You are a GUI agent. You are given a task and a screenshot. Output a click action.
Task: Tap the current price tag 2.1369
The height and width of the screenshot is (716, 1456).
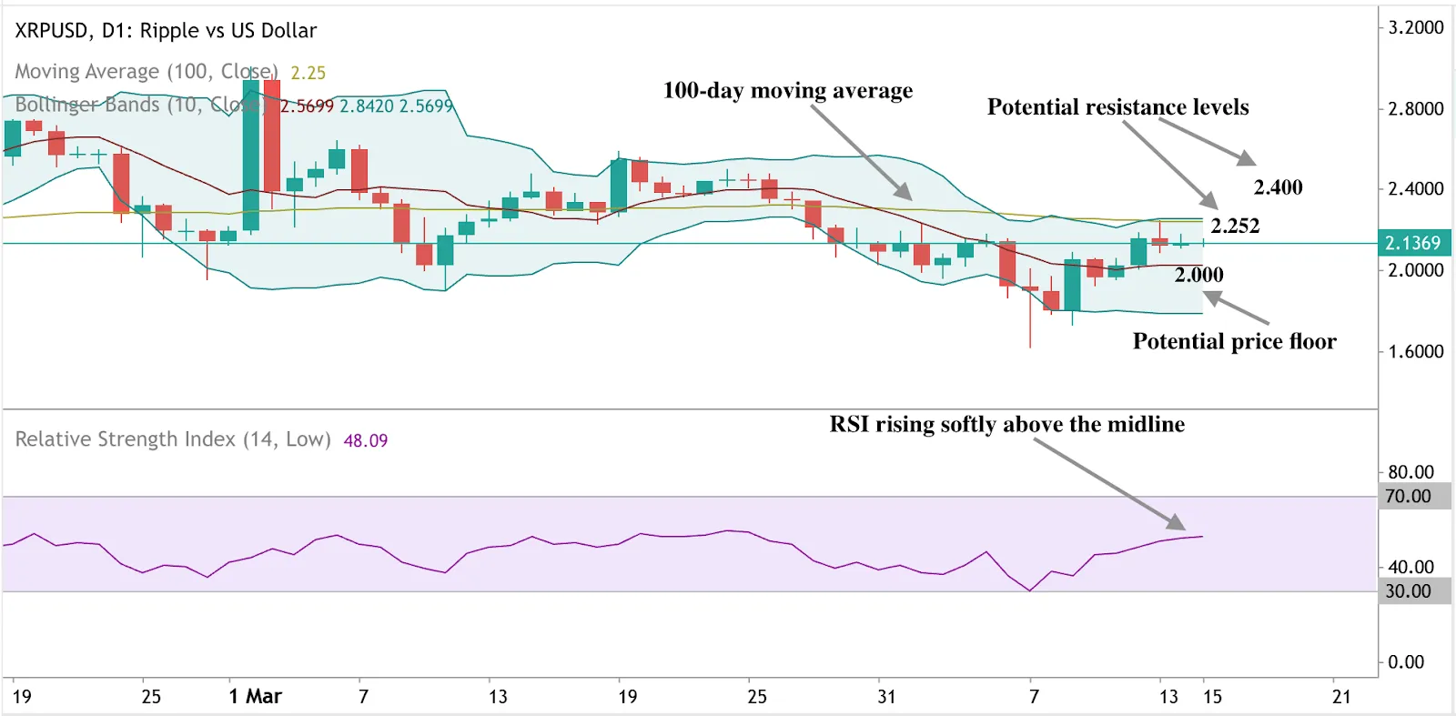[1413, 243]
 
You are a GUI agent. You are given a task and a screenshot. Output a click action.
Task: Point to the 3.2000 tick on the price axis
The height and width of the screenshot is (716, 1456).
[1415, 27]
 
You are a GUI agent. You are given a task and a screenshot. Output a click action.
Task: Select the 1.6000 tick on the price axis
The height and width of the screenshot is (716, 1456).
[1415, 351]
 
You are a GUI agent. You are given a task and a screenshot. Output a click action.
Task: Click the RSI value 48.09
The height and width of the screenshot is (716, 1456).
[365, 440]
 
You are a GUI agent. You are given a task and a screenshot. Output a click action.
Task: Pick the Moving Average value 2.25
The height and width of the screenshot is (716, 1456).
[308, 73]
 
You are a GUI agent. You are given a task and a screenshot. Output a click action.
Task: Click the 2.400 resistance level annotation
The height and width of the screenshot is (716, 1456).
[1278, 187]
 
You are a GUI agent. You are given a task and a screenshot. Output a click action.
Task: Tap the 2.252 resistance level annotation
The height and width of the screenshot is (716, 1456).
[1235, 226]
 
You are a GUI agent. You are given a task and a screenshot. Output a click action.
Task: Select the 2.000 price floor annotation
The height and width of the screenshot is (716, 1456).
[1198, 275]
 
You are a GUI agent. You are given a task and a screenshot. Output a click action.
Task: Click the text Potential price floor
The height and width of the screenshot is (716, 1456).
[1234, 341]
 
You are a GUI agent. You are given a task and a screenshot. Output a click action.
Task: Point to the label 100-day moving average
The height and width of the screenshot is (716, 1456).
[787, 90]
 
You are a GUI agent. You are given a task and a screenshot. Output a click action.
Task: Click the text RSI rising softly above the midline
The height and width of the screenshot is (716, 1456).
[1006, 424]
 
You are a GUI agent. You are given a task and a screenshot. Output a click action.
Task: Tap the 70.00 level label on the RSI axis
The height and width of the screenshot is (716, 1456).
[1408, 497]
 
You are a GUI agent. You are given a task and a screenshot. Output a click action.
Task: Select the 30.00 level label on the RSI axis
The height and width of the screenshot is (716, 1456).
[1408, 591]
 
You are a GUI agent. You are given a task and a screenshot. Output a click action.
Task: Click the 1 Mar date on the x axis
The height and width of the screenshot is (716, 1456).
[255, 697]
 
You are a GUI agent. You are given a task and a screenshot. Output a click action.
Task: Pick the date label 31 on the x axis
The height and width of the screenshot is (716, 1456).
[886, 697]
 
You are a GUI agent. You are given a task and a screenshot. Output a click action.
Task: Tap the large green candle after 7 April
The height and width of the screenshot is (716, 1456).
[1072, 285]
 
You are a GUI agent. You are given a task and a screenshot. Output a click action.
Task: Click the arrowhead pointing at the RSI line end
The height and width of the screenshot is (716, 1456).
[1178, 523]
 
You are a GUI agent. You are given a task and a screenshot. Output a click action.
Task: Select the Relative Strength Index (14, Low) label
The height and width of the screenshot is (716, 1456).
[173, 439]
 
